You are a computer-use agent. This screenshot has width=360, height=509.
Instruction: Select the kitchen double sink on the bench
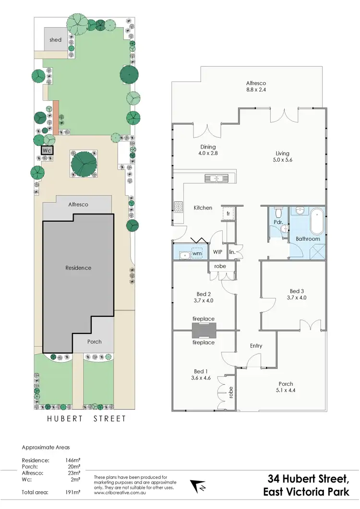pos(217,178)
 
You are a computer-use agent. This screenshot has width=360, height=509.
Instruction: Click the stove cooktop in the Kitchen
pos(178,207)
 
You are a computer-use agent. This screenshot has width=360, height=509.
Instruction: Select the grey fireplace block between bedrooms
pos(204,331)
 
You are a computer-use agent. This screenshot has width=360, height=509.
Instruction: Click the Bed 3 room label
pos(297,291)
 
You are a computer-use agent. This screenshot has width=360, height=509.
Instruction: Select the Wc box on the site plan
pos(47,150)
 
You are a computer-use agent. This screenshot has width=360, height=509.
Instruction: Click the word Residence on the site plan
pos(78,268)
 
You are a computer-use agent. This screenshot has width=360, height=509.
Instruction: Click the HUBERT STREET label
pos(86,419)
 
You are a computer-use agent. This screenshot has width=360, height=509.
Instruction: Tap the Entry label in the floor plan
pos(256,346)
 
